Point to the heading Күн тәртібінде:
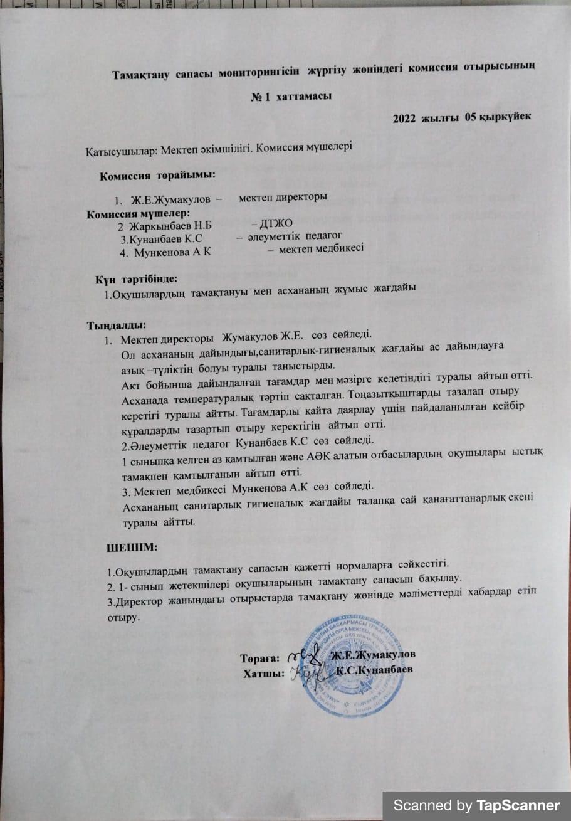pyautogui.click(x=137, y=277)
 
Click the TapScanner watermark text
pyautogui.click(x=476, y=805)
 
